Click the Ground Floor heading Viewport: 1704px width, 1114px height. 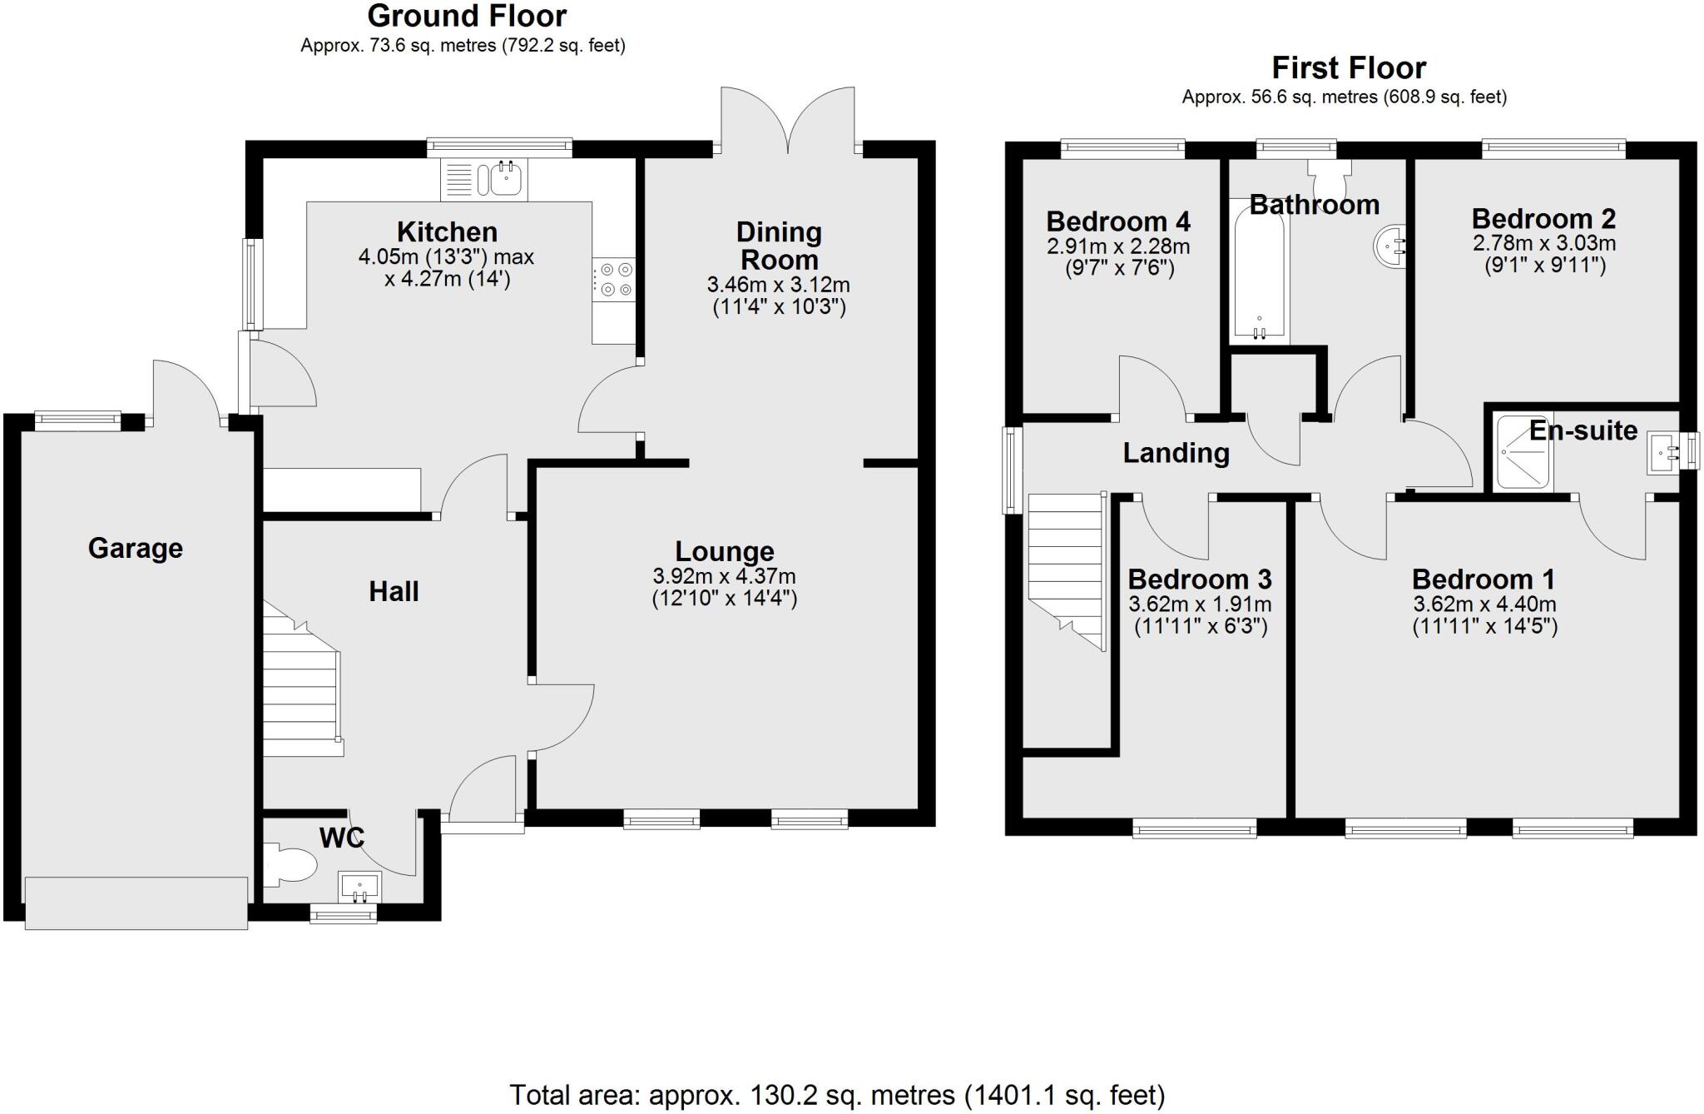(x=467, y=16)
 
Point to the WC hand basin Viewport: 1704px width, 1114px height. (x=359, y=888)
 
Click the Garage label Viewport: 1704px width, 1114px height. (x=135, y=548)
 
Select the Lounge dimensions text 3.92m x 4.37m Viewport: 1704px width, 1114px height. (x=724, y=576)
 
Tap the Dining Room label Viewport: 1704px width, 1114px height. (x=779, y=245)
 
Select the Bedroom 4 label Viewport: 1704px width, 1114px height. (x=1117, y=221)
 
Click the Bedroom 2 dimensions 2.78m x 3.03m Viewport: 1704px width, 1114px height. (x=1543, y=244)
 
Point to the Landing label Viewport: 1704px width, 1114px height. (x=1176, y=453)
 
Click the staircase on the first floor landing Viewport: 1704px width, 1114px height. (x=1066, y=566)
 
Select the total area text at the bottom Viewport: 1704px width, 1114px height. (x=836, y=1095)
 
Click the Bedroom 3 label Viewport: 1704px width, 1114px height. (x=1199, y=579)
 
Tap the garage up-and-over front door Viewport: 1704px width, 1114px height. (x=136, y=903)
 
